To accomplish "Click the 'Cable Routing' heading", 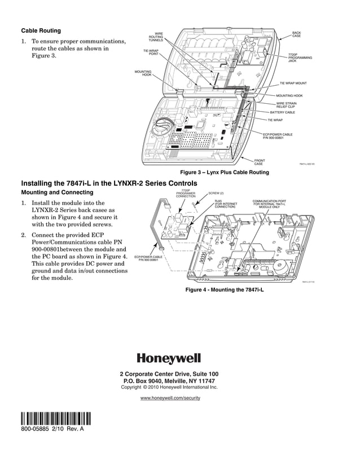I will pos(41,30).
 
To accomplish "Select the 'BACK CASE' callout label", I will pos(296,34).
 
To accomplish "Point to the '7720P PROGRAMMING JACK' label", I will pos(297,58).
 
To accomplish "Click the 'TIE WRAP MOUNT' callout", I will pos(293,83).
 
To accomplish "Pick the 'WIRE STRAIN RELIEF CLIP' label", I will pos(286,105).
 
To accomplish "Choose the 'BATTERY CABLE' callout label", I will pos(282,112).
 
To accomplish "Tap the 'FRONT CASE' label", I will pos(260,162).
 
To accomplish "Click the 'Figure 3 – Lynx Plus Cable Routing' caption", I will pos(224,172).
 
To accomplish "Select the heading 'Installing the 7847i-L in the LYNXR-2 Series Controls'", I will pos(109,183).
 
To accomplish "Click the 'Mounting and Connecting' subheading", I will pos(57,193).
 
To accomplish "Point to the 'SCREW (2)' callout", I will pos(216,194).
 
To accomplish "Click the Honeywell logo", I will pos(169,358).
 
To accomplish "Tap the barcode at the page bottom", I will pos(55,419).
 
